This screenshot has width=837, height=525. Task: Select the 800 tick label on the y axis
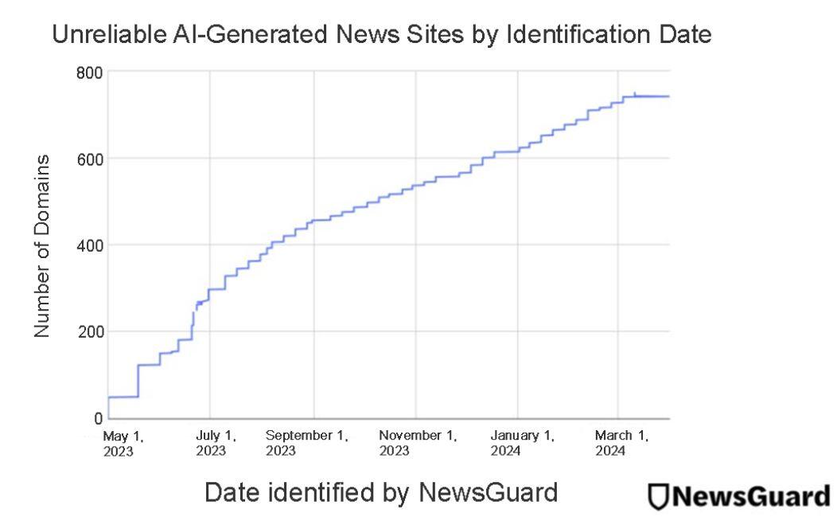coord(89,72)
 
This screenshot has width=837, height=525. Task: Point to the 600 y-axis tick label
coord(89,159)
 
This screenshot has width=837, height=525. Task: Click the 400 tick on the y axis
coord(89,245)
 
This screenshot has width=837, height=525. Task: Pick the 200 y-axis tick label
coord(89,331)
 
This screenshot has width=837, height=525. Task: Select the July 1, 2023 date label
coord(216,443)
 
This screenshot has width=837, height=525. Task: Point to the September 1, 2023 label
coord(307,443)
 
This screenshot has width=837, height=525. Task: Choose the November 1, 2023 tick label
coord(417,443)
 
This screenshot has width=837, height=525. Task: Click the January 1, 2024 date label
coord(523,443)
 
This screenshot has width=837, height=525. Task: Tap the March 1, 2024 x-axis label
coord(621,443)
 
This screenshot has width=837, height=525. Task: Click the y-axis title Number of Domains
coord(44,245)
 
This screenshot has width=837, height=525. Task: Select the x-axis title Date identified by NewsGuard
coord(381,493)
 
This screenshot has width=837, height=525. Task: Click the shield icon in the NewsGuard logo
coord(658,496)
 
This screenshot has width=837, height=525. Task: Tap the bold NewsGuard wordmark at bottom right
coord(749,495)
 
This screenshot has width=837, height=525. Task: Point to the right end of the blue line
coord(668,96)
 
